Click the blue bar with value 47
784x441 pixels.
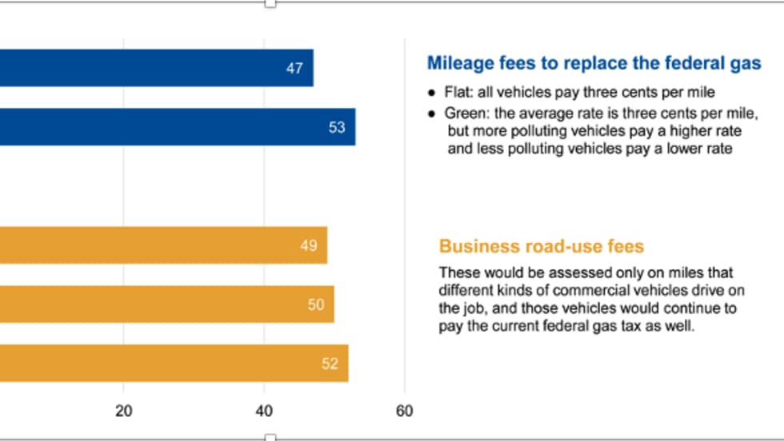pos(156,68)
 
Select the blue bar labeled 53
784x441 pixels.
pos(176,127)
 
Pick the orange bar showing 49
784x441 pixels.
pos(163,245)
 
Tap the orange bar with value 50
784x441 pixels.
pos(166,304)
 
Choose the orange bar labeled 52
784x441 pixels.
pos(174,364)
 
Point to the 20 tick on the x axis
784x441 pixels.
pos(123,411)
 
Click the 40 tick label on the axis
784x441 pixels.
pos(264,411)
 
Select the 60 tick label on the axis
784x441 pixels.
pos(405,411)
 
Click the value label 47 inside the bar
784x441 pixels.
pos(294,69)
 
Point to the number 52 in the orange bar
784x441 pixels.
pos(330,364)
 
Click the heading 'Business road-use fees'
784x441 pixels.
pos(542,246)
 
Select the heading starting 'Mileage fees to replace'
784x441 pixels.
pos(594,63)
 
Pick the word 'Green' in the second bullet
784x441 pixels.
pos(465,113)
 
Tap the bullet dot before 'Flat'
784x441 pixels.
pos(432,93)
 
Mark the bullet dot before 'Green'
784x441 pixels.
pos(432,113)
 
